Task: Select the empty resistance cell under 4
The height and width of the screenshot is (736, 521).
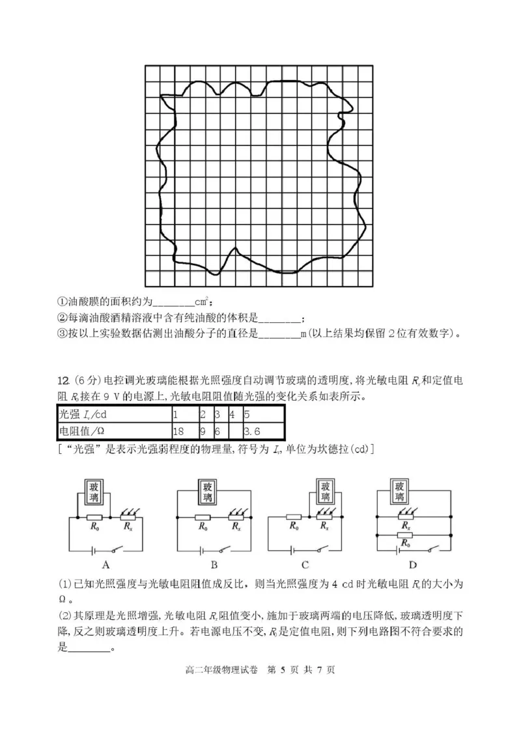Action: pyautogui.click(x=234, y=431)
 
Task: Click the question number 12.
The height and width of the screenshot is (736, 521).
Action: pyautogui.click(x=63, y=380)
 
